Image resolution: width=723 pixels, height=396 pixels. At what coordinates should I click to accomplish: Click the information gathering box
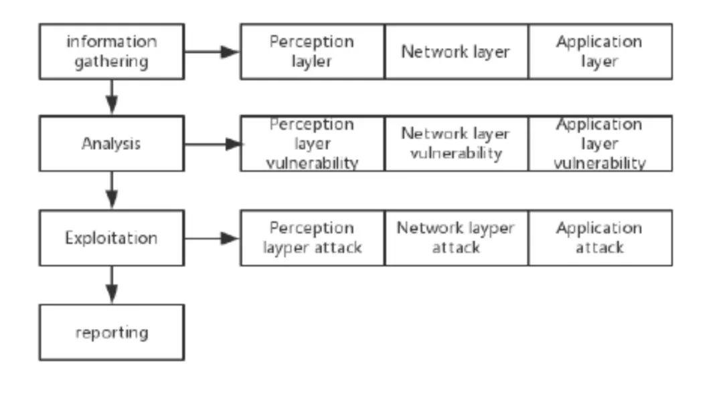[112, 52]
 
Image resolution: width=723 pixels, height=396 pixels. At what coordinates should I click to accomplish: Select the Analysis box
[112, 143]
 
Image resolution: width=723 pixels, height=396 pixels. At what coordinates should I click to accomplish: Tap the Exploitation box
[112, 238]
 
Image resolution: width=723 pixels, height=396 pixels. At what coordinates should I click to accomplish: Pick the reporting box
[112, 332]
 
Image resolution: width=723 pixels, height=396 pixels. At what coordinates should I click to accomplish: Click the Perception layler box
[312, 52]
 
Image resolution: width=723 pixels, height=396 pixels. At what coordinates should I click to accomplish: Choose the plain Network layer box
[456, 52]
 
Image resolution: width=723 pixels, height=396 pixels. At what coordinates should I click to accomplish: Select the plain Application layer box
[600, 52]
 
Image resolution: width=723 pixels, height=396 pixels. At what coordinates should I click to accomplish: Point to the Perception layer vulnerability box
[312, 143]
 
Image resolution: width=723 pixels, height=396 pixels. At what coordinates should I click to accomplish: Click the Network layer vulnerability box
[456, 143]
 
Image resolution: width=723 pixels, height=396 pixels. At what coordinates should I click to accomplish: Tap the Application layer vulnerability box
[600, 143]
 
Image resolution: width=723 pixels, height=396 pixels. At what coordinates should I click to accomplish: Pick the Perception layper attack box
[312, 238]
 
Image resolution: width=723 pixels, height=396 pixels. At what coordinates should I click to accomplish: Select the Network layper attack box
[456, 238]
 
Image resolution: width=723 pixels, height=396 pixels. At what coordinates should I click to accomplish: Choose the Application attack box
[600, 238]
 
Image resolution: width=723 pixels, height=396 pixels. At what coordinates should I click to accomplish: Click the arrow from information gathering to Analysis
[112, 97]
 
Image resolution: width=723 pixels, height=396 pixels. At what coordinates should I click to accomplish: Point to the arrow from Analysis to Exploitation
[112, 191]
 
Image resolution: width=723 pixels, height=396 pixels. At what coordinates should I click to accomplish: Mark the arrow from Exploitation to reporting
[112, 285]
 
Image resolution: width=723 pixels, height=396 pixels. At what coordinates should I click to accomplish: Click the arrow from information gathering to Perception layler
[212, 52]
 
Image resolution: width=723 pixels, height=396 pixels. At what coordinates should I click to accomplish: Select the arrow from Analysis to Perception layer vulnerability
[213, 144]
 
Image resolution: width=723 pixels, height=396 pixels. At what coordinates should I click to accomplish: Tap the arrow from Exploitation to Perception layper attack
[212, 238]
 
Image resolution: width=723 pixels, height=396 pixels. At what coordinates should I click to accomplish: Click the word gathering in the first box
[112, 62]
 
